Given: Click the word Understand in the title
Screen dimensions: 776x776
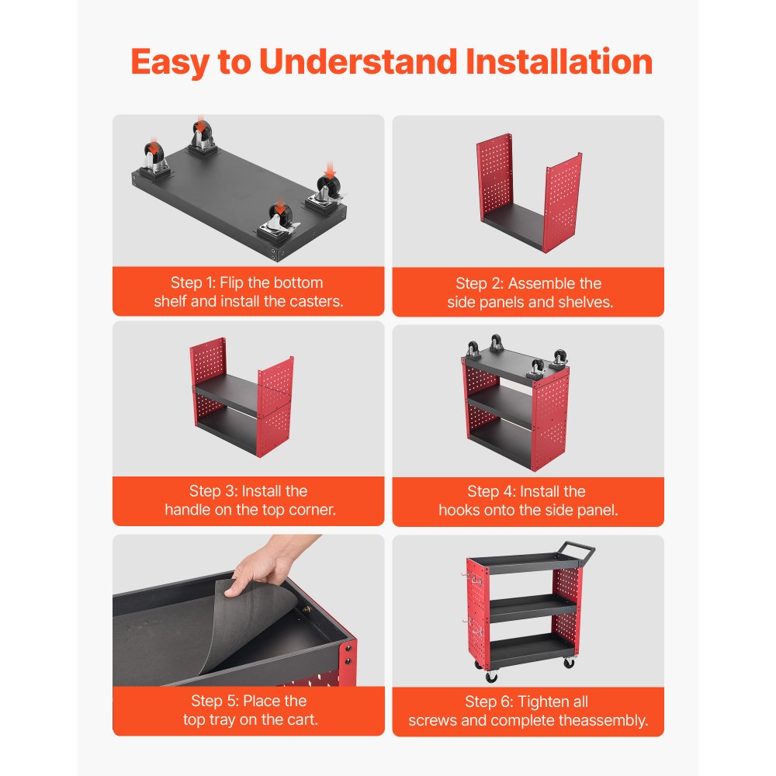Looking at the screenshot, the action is [x=358, y=62].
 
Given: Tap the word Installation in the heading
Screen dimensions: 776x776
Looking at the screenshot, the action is [x=559, y=62].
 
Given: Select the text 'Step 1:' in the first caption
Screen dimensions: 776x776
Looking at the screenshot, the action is [x=193, y=282].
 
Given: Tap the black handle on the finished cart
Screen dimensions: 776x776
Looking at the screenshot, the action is [x=577, y=551].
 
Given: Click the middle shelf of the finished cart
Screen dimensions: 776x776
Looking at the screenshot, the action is [x=532, y=608].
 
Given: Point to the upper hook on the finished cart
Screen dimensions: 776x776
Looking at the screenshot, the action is [x=472, y=578].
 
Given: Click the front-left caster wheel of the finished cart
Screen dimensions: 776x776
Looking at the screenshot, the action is [x=491, y=676].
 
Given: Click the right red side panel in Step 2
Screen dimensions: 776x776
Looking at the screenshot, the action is [x=563, y=203].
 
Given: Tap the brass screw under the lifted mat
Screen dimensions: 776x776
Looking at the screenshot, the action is [x=306, y=609].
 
